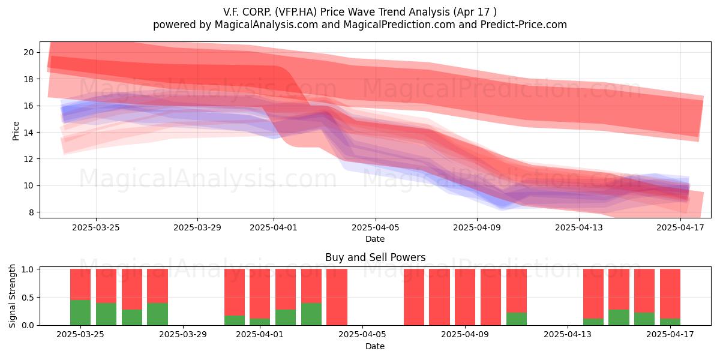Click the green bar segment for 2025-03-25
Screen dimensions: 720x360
click(x=80, y=313)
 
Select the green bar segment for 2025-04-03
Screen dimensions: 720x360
click(x=311, y=314)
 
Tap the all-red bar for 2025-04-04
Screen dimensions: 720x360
click(x=337, y=297)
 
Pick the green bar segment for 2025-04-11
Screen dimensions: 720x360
click(x=517, y=319)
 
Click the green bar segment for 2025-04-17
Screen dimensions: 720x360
click(x=670, y=322)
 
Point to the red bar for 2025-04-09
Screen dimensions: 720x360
click(x=465, y=297)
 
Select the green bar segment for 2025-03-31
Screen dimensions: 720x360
click(x=235, y=320)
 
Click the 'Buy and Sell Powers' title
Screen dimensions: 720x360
click(x=375, y=257)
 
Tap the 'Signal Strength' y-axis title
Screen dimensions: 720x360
click(x=12, y=296)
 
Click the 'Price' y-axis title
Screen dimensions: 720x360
click(x=16, y=131)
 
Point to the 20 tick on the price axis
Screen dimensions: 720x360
click(x=29, y=52)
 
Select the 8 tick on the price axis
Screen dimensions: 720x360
click(x=31, y=212)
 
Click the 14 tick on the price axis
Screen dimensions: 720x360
click(x=29, y=133)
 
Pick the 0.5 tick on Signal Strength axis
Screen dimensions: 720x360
click(x=28, y=298)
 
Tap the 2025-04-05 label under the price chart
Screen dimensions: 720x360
click(x=375, y=227)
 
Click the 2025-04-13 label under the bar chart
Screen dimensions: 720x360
click(x=568, y=334)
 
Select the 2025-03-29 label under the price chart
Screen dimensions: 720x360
click(x=197, y=227)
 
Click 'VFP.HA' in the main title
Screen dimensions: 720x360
click(x=296, y=12)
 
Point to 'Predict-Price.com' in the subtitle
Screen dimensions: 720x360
click(x=524, y=25)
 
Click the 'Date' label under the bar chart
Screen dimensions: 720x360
click(x=375, y=346)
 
